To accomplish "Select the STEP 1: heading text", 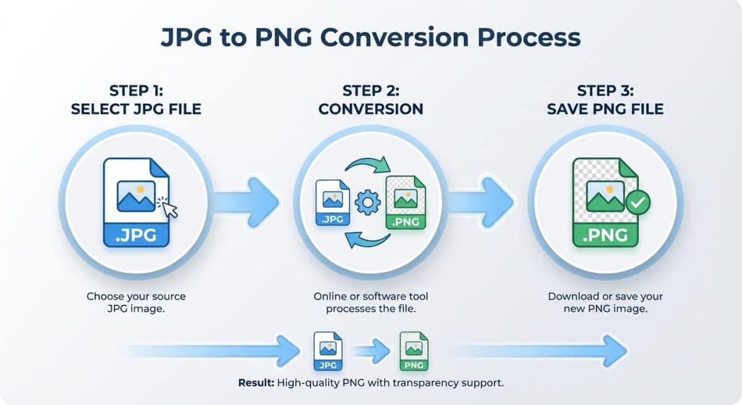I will tap(135, 91).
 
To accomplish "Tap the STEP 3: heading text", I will tap(605, 91).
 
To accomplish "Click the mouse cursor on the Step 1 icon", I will tap(168, 207).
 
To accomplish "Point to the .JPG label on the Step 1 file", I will tap(136, 236).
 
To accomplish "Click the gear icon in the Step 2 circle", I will tap(367, 202).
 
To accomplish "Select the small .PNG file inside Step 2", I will tap(406, 203).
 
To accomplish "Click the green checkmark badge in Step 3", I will tap(638, 202).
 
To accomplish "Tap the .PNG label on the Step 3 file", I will tap(605, 236).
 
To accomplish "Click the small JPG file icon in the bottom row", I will tap(328, 351).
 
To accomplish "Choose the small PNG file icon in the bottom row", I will tap(413, 351).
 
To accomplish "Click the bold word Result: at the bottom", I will tap(255, 383).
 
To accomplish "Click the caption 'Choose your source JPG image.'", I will tap(136, 302).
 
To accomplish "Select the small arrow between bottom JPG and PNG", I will tap(372, 351).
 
